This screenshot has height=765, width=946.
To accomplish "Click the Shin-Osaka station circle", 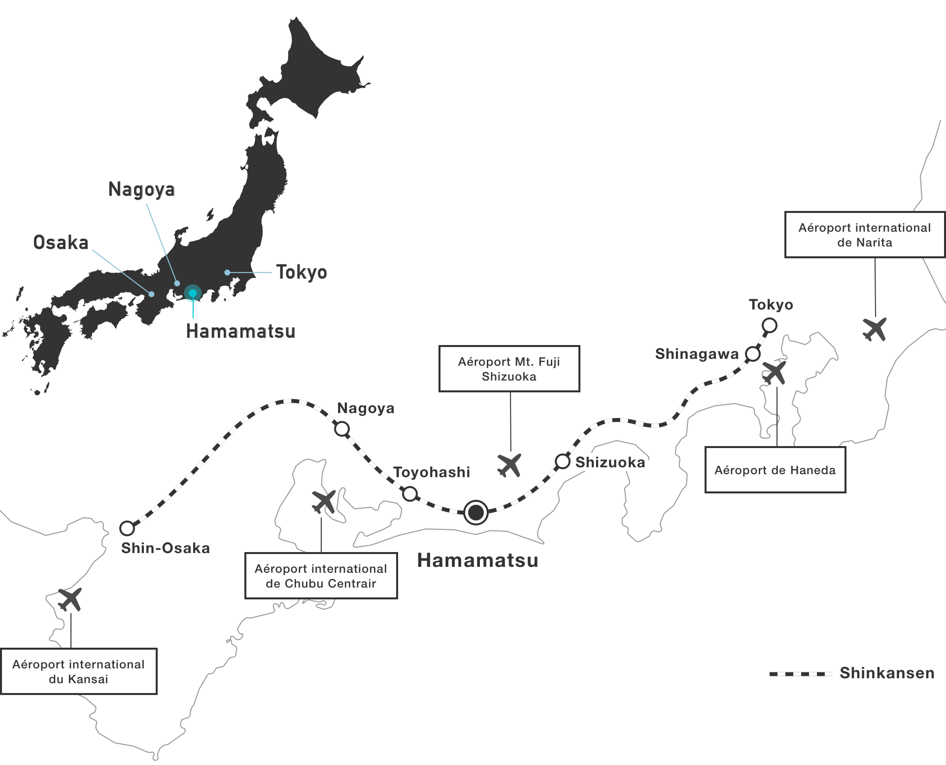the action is [127, 528].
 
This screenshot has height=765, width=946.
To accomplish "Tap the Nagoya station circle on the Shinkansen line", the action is [342, 429].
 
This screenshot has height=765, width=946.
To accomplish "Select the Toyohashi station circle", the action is [410, 493].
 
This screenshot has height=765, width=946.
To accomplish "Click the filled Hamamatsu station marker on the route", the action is [476, 513].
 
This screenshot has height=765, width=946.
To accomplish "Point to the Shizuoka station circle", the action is [563, 461].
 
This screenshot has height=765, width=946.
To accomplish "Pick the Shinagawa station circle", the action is [753, 353].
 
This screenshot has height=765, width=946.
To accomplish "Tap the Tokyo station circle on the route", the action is [770, 325].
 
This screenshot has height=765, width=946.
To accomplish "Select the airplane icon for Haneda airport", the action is [775, 373].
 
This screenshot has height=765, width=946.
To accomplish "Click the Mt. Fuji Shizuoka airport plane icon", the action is [509, 465].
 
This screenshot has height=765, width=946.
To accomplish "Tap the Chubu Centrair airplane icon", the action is [324, 501].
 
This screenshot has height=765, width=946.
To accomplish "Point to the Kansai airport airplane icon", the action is [70, 599].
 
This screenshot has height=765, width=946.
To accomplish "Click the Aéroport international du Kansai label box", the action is [79, 671].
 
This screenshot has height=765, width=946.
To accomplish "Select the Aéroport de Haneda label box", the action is [776, 470].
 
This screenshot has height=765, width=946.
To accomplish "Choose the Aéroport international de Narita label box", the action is [865, 235].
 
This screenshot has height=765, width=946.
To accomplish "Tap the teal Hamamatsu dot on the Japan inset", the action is [193, 293].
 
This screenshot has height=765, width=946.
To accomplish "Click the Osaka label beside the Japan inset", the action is [61, 243].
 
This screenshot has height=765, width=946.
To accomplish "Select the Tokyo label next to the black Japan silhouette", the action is [302, 272].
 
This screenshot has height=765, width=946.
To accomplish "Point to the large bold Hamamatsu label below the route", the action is [478, 560].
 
